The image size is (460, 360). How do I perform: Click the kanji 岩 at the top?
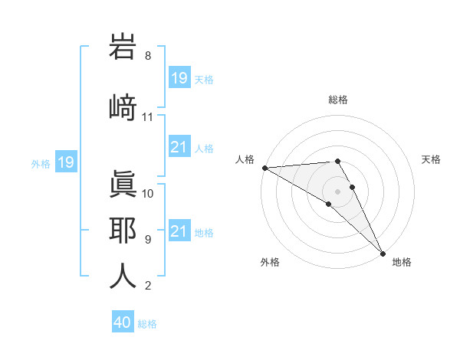[123, 47]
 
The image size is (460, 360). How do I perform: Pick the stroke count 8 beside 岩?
[147, 56]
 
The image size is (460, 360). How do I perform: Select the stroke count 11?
[147, 117]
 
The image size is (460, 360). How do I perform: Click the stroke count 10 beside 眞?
[148, 193]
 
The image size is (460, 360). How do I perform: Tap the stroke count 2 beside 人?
[147, 286]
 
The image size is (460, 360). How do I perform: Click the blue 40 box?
[122, 322]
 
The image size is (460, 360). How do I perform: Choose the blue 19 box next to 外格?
[65, 162]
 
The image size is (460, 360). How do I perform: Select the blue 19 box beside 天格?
[179, 78]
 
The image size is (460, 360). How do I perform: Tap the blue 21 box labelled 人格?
[179, 148]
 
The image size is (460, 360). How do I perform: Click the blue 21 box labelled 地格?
[179, 231]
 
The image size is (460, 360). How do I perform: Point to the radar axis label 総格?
[338, 100]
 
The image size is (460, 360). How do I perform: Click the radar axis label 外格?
[270, 262]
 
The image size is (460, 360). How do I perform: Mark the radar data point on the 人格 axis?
[264, 168]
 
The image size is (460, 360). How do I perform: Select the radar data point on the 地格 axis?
[383, 252]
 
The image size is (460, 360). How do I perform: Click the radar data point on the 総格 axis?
[337, 161]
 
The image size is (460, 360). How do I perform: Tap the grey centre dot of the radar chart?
[337, 191]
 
